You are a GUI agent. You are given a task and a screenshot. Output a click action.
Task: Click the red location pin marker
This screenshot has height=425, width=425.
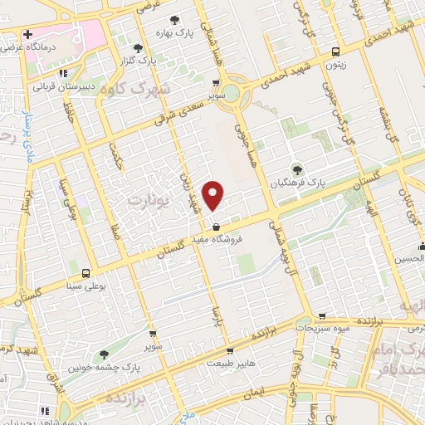tap(214, 194)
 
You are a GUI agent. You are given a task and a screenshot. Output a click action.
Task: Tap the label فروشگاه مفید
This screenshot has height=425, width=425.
tap(218, 239)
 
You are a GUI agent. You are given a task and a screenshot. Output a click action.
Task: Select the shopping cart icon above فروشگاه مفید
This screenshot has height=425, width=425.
tap(216, 227)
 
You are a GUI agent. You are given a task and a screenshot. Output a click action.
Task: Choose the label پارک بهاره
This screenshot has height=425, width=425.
tap(173, 33)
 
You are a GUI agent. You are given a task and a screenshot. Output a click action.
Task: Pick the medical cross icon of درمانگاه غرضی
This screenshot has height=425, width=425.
tap(27, 35)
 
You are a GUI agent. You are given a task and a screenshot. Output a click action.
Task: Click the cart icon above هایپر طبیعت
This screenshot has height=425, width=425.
tap(214, 349)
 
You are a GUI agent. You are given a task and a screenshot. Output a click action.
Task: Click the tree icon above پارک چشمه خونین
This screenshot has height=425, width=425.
tap(104, 354)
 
